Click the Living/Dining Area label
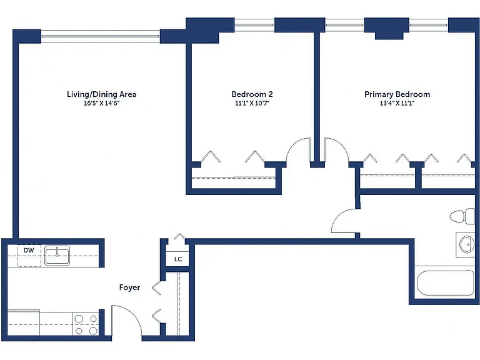click(x=101, y=94)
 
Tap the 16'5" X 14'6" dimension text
click(x=101, y=103)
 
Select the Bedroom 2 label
click(x=252, y=94)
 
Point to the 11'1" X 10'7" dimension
click(x=252, y=103)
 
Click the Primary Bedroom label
click(x=397, y=94)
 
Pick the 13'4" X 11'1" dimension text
click(x=397, y=103)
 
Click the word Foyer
click(x=129, y=287)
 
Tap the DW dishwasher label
click(x=29, y=251)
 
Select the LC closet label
click(x=178, y=259)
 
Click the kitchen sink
click(x=57, y=255)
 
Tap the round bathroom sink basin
click(x=467, y=244)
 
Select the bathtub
click(x=446, y=282)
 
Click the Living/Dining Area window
click(x=101, y=36)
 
